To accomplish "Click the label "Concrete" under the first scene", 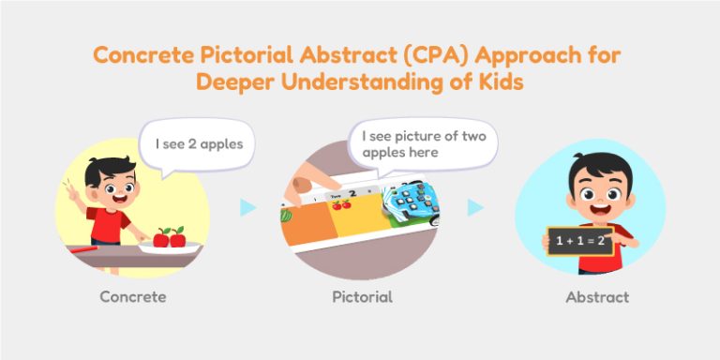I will pos(132,298).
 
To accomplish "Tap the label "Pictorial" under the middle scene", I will pos(362,298).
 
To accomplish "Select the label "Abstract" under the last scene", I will pos(597,298).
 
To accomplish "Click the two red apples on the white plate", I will pos(169,237).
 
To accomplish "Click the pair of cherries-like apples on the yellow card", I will pos(342,202).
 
